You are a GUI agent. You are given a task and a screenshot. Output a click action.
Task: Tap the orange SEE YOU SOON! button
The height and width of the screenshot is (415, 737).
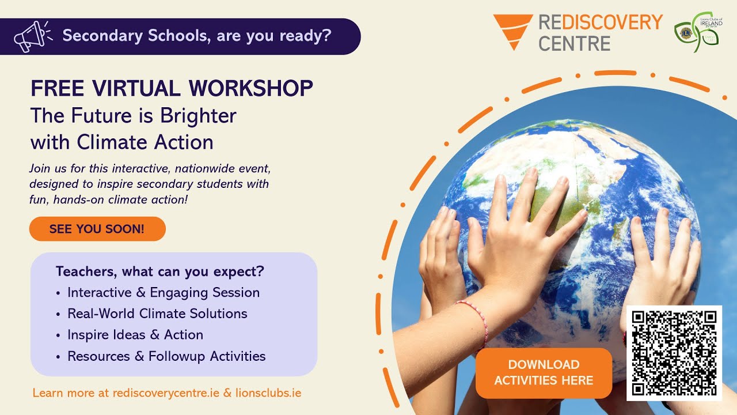(97, 229)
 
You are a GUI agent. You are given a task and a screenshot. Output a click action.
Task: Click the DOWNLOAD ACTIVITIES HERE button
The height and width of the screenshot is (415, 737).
(544, 372)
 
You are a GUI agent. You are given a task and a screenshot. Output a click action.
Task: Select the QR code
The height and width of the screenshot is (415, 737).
(674, 352)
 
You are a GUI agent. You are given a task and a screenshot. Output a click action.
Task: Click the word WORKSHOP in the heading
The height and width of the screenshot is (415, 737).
(250, 88)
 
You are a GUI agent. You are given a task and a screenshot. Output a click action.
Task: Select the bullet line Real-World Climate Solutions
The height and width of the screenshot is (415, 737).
(157, 314)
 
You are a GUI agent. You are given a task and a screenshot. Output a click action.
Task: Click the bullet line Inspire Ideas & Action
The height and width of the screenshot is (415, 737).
(135, 335)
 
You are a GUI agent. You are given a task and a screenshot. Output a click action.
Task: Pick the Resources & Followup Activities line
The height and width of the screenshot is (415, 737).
(166, 356)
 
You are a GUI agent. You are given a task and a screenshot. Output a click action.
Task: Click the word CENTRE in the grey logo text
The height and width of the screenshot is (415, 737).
(574, 43)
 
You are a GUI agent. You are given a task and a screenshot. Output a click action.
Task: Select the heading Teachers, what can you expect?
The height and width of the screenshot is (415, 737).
(160, 271)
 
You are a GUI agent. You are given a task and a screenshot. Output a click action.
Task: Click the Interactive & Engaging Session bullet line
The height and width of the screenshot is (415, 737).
(164, 292)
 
